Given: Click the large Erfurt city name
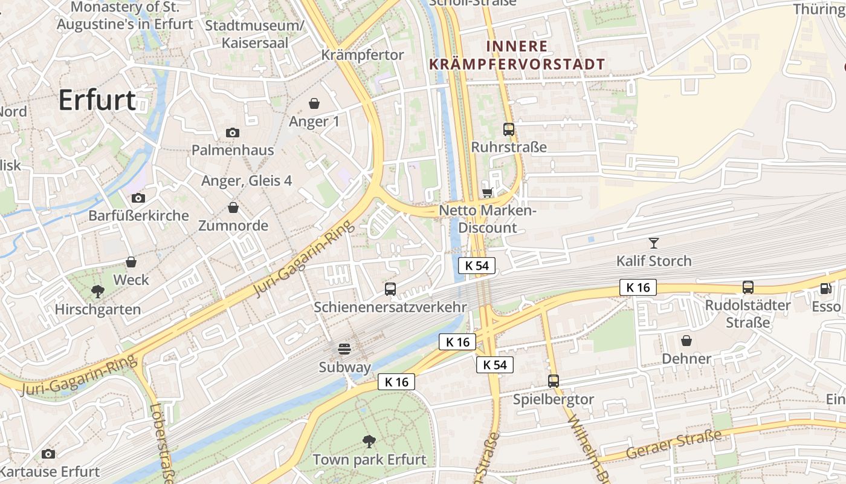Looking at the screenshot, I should point(97,100).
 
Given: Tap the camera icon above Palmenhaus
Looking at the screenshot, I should point(232,132).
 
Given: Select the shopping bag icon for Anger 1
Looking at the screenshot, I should point(314,103).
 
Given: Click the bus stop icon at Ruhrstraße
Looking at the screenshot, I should point(509,129).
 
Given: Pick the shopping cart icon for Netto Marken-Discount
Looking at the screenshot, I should point(487,192).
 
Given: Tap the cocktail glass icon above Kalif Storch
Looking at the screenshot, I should point(653,243).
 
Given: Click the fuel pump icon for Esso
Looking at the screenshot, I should point(825,289).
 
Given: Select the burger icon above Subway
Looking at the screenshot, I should point(344,348).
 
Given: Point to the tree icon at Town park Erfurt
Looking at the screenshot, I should point(369,442).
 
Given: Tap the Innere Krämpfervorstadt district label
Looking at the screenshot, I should point(517,55).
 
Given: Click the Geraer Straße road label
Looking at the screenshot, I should point(674,444).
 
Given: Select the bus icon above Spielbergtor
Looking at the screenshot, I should point(554,381).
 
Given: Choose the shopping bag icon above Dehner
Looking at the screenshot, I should point(686,341).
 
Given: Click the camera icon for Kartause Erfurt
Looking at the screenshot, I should point(48,454).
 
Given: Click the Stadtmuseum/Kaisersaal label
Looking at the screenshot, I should point(254,34).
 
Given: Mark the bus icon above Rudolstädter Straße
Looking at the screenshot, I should point(748,287).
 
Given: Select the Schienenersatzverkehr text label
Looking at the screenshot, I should point(390,307).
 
